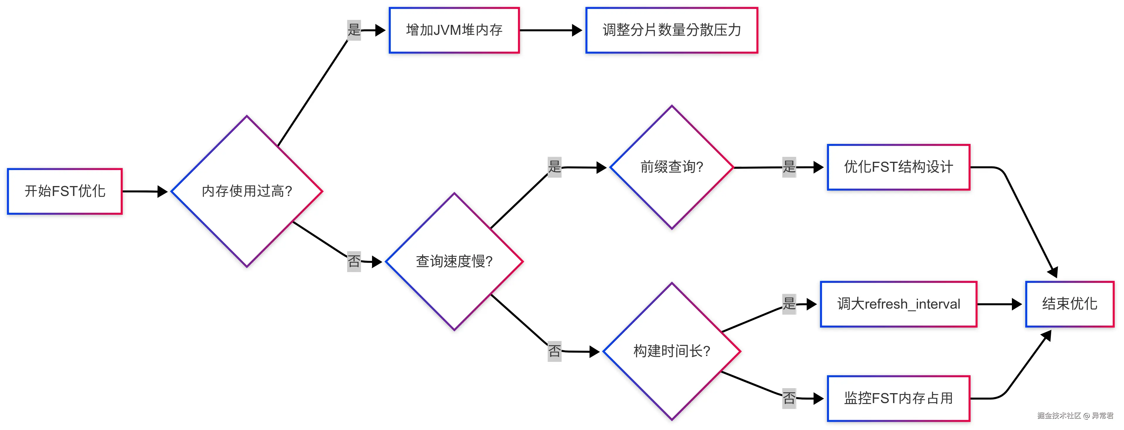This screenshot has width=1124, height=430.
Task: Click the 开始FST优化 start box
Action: (65, 191)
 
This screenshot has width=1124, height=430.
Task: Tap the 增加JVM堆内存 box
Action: (454, 30)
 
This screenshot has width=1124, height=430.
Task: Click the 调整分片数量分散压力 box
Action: (671, 30)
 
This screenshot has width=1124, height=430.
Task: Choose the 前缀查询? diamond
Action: (671, 167)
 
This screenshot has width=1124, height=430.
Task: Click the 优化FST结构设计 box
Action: (898, 167)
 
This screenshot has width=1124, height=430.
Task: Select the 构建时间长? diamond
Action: (671, 351)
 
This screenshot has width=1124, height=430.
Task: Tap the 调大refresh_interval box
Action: (898, 304)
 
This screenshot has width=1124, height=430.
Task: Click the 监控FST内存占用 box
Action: (898, 398)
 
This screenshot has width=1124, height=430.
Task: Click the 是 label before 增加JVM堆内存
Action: (354, 30)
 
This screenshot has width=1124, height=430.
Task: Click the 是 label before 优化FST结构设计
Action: (789, 167)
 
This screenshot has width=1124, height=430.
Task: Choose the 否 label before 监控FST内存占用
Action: (789, 398)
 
